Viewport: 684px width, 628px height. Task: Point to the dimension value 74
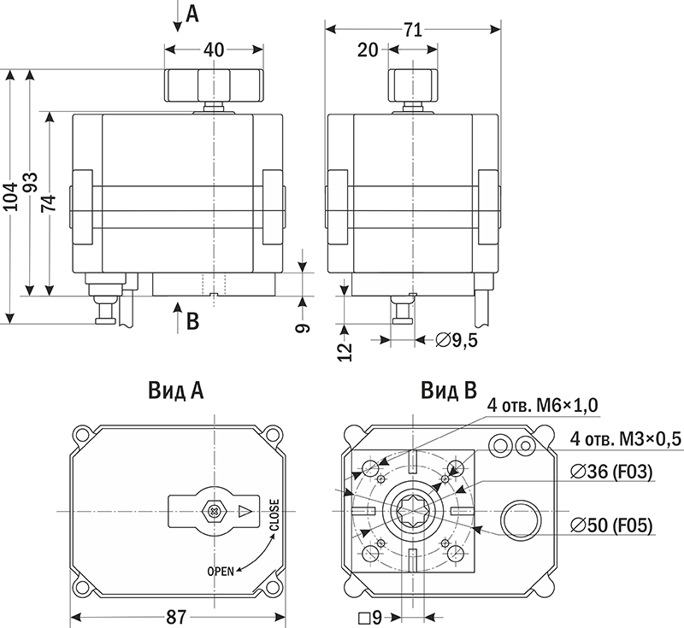point(50,203)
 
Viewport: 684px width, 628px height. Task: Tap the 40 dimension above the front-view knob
point(214,50)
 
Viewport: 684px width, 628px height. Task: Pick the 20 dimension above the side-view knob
point(368,50)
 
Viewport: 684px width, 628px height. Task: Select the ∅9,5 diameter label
point(456,340)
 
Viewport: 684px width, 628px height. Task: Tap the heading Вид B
point(447,391)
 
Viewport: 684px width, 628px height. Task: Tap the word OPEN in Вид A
point(221,570)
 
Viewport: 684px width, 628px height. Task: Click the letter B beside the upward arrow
point(192,321)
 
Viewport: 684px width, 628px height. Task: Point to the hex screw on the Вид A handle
point(211,511)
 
